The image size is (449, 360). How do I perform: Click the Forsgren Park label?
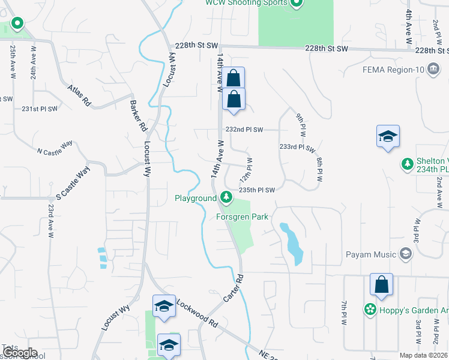pos(242,217)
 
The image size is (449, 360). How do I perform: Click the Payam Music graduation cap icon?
pos(406,254)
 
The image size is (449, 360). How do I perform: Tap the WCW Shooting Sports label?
pos(247,3)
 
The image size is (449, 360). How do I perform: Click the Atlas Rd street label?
pos(79,95)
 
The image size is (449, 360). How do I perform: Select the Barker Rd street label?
pos(138,116)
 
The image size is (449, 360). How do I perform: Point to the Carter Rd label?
pos(234,288)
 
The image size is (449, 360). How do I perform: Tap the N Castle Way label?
pos(55,147)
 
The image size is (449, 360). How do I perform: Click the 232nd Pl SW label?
pos(244,130)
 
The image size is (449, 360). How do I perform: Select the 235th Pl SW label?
pos(257,190)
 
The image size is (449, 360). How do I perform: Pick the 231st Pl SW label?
pos(40,109)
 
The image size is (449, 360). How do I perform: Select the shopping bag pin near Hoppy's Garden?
pos(381,286)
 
